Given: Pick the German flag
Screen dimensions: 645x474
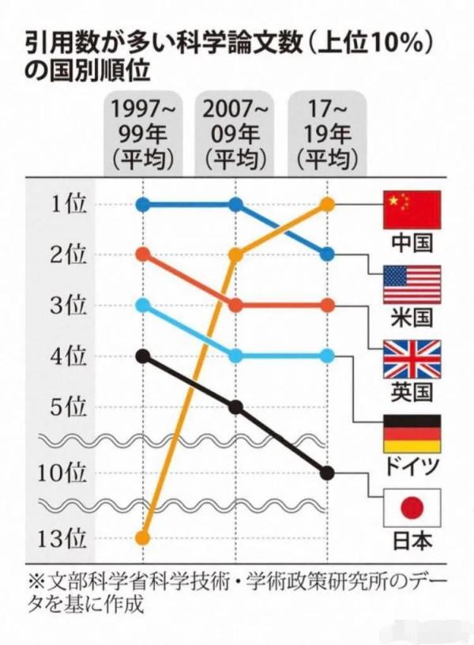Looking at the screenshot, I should tap(411, 434).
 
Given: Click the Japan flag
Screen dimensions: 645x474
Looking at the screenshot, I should tap(411, 508).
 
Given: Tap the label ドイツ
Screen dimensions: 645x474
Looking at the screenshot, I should tap(412, 466).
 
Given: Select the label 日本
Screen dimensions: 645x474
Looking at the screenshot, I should tap(412, 541).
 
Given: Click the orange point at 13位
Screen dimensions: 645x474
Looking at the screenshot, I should tap(143, 538).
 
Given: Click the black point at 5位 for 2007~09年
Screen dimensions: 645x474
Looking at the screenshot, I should tap(235, 407).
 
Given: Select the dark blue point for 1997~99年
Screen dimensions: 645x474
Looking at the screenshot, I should tap(143, 205).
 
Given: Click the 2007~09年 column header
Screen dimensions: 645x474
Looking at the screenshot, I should tap(235, 134).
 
